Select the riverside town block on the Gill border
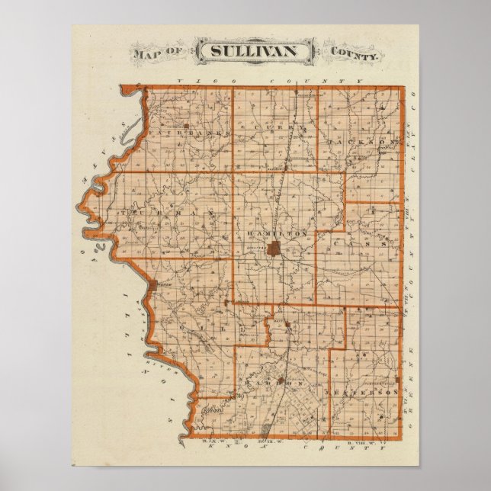pos(156,285)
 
